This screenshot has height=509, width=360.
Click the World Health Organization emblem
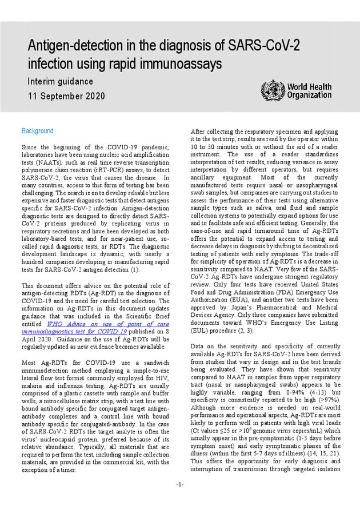pos(272,90)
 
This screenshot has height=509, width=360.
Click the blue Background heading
pos(37,131)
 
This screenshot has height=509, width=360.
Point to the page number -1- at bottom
pos(180,485)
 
